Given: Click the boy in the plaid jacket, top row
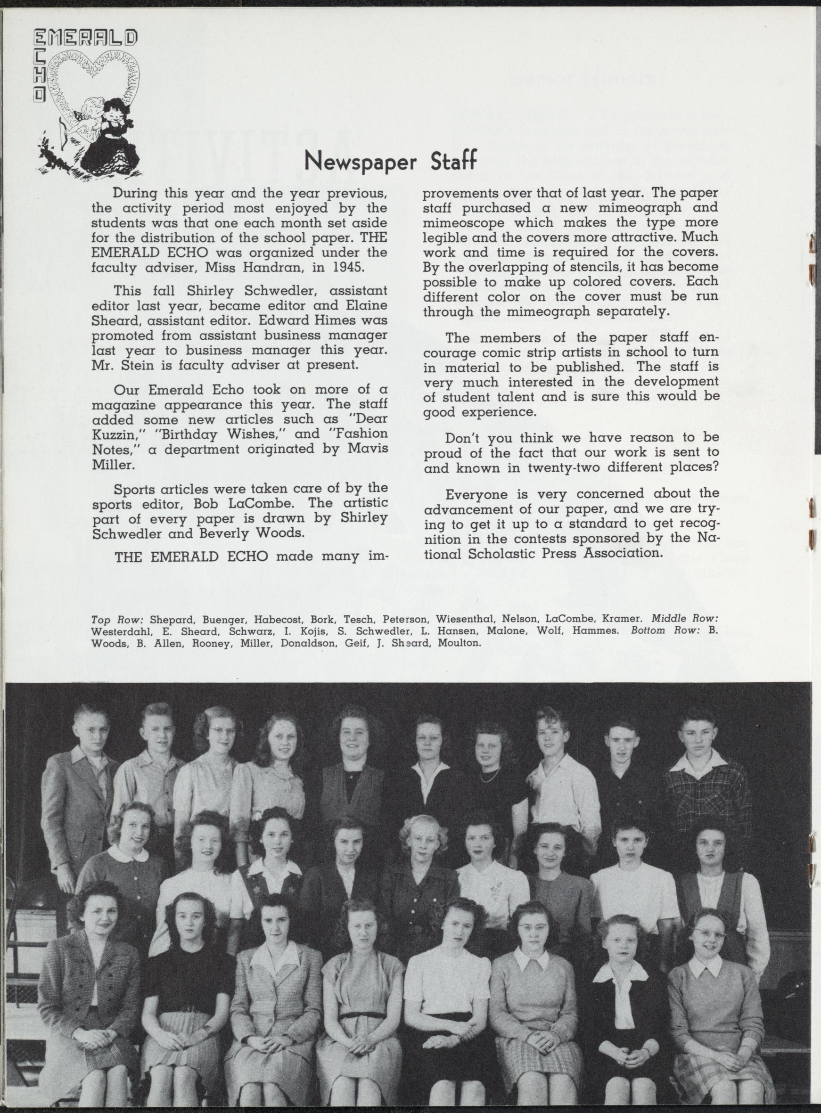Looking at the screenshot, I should click(705, 785).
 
